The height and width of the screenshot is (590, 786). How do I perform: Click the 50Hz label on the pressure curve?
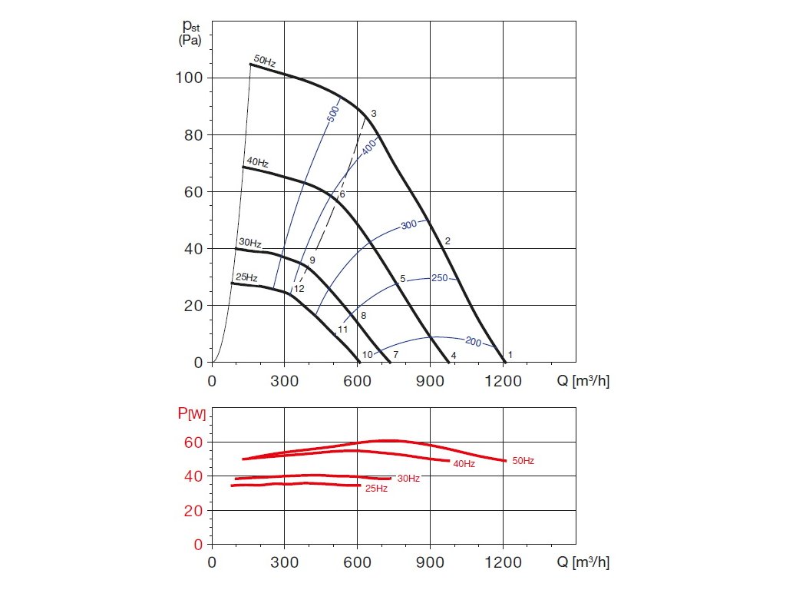[265, 60]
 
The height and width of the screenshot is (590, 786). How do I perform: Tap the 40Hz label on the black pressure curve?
[257, 163]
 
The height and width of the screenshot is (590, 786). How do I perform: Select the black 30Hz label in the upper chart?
[250, 243]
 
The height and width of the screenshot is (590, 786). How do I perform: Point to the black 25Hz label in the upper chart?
[246, 277]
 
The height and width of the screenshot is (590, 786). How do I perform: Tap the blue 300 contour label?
[408, 225]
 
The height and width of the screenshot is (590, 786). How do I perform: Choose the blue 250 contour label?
[439, 278]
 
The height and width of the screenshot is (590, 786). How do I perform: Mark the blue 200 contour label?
[473, 342]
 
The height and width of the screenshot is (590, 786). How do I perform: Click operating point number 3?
[374, 114]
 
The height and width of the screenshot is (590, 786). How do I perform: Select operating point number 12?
[299, 289]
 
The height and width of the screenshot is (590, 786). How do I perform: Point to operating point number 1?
[510, 354]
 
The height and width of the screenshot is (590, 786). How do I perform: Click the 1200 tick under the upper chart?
[503, 380]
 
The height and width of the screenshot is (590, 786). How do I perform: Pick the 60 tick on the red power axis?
[193, 442]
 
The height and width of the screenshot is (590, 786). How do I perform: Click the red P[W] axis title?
[192, 415]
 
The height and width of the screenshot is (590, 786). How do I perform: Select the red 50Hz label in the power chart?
[523, 461]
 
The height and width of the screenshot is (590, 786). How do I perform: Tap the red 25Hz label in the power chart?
[376, 489]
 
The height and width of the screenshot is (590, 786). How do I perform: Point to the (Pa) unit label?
[190, 41]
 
